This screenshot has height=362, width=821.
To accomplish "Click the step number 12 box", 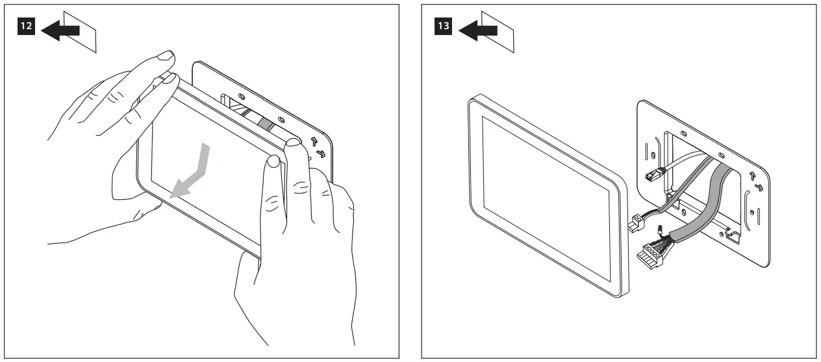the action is (26, 26).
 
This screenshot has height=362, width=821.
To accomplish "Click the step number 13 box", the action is (443, 26).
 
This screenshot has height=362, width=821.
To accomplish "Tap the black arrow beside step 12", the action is (60, 30).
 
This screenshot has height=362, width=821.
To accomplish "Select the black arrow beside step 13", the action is (477, 30).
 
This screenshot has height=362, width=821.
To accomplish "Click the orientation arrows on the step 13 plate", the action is (756, 182).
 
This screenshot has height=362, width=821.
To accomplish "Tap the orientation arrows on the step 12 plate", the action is (318, 147).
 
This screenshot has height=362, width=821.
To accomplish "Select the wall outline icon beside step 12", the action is (80, 32).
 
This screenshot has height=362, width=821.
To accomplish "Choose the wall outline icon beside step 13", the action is (498, 32).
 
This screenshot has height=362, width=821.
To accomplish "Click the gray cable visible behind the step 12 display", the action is (266, 124).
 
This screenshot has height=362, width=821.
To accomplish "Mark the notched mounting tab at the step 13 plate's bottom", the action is (732, 235).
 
